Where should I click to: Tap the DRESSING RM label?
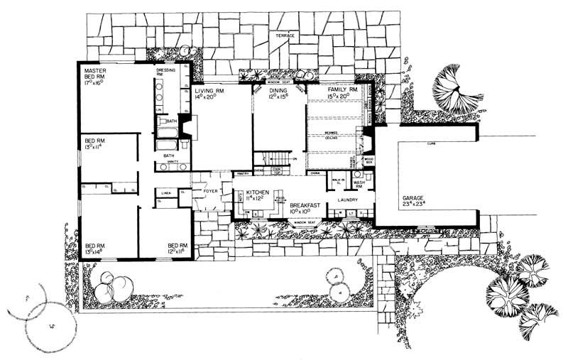165,73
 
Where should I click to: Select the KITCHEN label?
258,192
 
